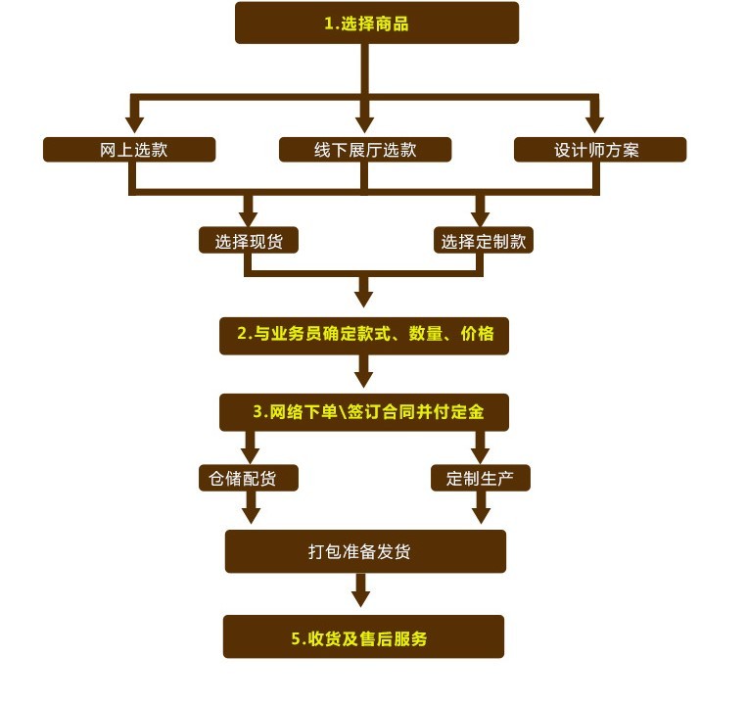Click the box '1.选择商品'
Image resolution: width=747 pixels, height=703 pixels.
pyautogui.click(x=376, y=23)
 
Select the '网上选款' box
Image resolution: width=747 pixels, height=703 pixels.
pyautogui.click(x=129, y=150)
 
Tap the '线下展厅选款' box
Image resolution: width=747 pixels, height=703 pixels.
pyautogui.click(x=365, y=150)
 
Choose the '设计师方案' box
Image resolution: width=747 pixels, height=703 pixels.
pyautogui.click(x=599, y=150)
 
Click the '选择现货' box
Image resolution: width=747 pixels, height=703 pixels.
pyautogui.click(x=249, y=241)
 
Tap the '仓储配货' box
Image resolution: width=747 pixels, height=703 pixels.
pyautogui.click(x=249, y=478)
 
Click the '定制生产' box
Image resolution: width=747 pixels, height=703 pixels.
pyautogui.click(x=481, y=478)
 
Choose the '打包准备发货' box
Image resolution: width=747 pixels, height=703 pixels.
pyautogui.click(x=365, y=551)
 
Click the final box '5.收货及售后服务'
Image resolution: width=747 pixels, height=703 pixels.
pyautogui.click(x=363, y=637)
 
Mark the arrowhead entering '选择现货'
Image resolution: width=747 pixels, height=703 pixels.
pyautogui.click(x=249, y=216)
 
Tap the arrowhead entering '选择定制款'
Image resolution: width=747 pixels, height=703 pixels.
pyautogui.click(x=480, y=216)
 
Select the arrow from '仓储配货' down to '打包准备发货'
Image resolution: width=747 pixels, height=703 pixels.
pyautogui.click(x=251, y=509)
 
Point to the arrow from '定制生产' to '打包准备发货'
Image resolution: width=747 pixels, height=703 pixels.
pyautogui.click(x=481, y=509)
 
